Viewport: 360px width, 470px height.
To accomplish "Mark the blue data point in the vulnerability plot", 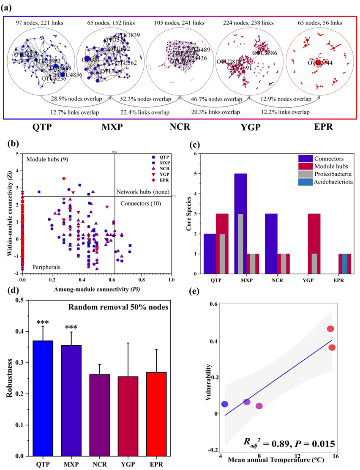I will point(225,404).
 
